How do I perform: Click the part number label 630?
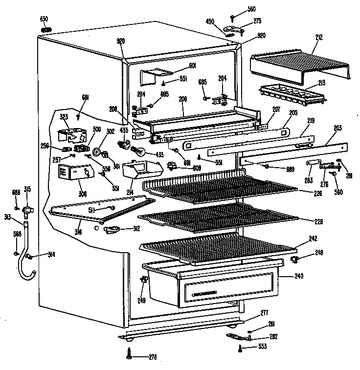point(44,19)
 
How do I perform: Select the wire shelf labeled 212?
point(298,66)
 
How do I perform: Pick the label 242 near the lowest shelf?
point(314,239)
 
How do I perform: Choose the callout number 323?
point(64,117)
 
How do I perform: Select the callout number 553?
point(263,347)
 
